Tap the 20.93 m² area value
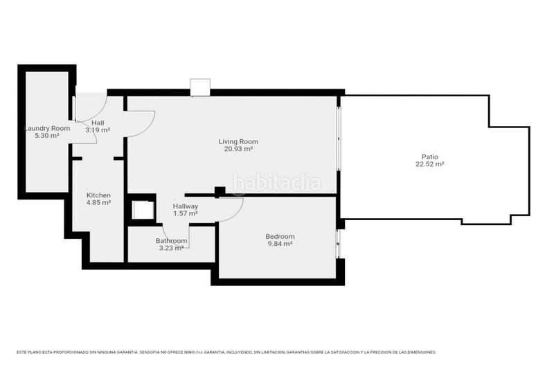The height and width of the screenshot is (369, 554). coord(238,149)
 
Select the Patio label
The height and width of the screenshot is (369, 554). coord(429,157)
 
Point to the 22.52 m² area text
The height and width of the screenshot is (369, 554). coord(429,164)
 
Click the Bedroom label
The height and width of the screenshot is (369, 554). coord(280,237)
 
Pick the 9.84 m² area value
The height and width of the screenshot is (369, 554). coord(280,244)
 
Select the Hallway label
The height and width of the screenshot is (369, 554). coord(186,206)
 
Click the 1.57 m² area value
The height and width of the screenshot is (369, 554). coord(186,213)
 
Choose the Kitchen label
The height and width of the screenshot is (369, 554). coord(98,195)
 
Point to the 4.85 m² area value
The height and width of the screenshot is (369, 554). coord(98,203)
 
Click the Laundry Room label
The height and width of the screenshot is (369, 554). coord(47,129)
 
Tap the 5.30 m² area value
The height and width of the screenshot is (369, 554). coord(47,136)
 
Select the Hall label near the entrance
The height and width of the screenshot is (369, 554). coord(98,123)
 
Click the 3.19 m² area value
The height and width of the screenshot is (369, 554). coord(98,130)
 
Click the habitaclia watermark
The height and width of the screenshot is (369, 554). coord(277,183)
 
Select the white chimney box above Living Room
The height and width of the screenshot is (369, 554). coord(200,87)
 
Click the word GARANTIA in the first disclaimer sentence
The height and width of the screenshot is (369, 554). coord(125,352)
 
